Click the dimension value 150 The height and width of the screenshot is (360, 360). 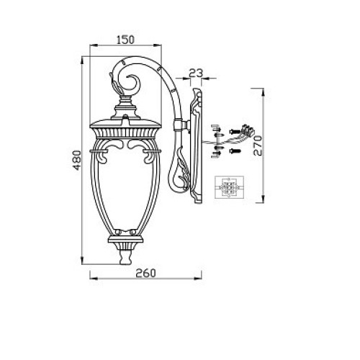click(125, 40)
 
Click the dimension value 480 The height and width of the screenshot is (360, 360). click(77, 160)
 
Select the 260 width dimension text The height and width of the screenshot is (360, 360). click(145, 273)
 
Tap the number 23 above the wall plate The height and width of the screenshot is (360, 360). click(196, 73)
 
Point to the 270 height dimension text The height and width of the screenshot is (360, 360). click(258, 145)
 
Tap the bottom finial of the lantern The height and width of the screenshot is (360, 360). click(125, 257)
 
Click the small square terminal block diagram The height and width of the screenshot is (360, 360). click(229, 187)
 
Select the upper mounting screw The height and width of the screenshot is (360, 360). click(235, 131)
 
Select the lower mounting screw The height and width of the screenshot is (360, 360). click(235, 151)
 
